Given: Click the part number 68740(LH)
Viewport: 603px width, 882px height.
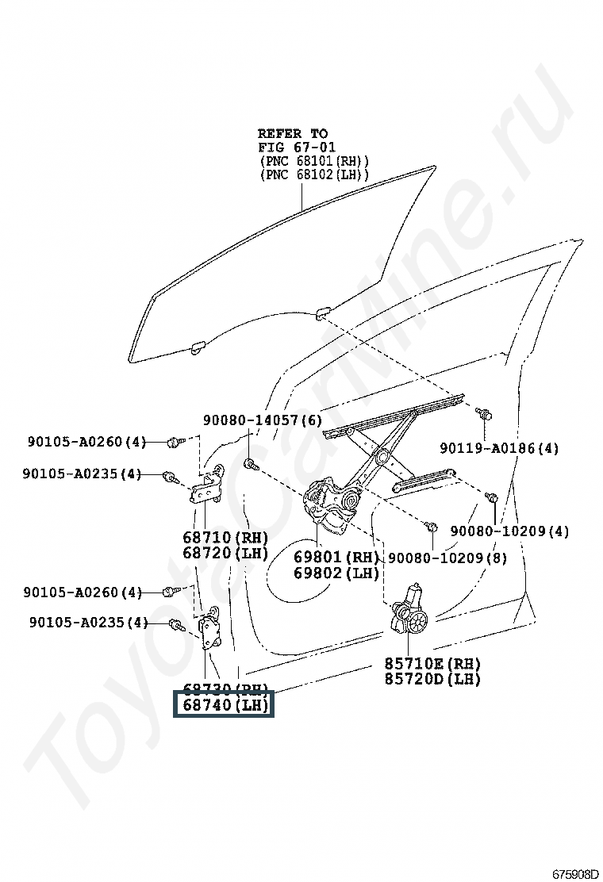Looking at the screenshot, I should (x=225, y=704).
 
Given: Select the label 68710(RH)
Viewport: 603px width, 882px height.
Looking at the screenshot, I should (x=225, y=537).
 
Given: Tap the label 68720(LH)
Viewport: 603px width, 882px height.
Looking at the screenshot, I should (x=225, y=553).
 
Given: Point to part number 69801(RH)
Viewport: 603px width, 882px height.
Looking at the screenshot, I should (x=336, y=557).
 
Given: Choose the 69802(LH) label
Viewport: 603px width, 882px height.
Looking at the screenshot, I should (x=336, y=573).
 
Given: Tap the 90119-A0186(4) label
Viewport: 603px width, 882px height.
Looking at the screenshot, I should (x=499, y=448).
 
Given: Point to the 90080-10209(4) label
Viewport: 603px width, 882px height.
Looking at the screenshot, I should (x=509, y=531).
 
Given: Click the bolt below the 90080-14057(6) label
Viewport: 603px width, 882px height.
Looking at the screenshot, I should (x=249, y=463).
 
